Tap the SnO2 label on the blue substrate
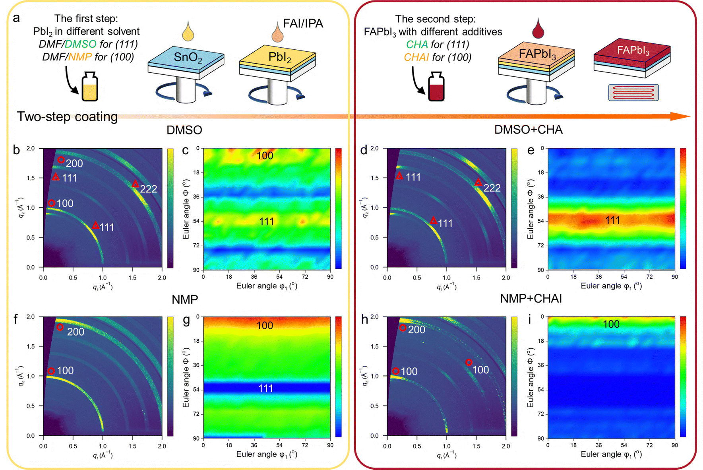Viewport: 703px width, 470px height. point(188,58)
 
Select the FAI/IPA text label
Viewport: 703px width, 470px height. point(303,24)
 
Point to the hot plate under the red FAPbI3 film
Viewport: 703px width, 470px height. point(633,92)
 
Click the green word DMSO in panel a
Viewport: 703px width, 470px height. point(80,44)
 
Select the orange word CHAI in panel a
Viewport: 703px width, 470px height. point(416,57)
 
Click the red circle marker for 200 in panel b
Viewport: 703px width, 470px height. point(61,160)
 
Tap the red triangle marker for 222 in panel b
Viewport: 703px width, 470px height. point(135,184)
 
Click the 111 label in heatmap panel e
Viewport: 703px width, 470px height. point(612,220)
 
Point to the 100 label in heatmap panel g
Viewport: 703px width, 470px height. point(265,326)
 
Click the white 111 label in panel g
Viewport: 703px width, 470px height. point(266,388)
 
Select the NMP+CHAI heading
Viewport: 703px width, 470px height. point(531,299)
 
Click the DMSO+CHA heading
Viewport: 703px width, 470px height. point(528,130)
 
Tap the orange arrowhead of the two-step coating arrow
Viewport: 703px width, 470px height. point(680,117)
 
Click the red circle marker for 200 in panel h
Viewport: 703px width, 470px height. point(403,328)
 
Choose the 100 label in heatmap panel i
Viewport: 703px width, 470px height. point(611,324)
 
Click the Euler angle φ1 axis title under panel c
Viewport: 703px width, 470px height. point(267,286)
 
